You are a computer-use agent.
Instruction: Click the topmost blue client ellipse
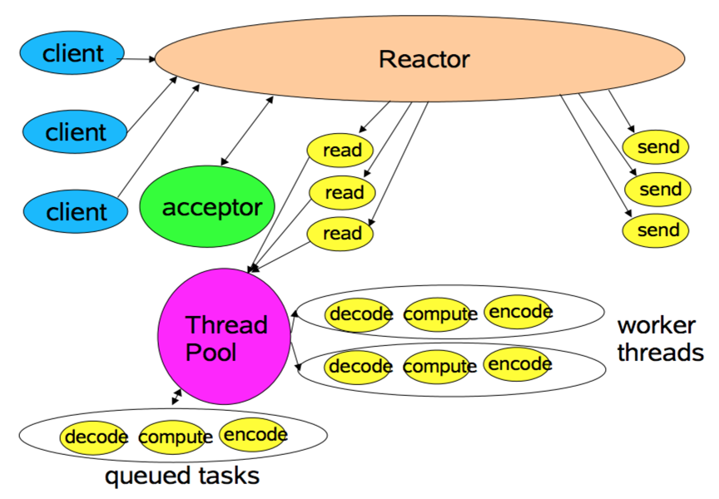click(x=72, y=54)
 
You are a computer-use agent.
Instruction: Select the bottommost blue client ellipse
click(x=76, y=211)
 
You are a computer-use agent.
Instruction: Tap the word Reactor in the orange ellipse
click(x=424, y=59)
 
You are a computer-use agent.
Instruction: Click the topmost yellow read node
click(x=340, y=151)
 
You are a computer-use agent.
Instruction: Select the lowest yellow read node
click(x=341, y=234)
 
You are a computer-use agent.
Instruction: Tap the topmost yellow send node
click(x=657, y=148)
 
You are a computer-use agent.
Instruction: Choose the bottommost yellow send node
click(x=657, y=230)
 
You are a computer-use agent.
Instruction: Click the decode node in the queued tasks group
click(x=95, y=437)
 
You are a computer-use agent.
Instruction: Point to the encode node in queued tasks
click(x=255, y=434)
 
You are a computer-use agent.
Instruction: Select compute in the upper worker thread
click(x=439, y=314)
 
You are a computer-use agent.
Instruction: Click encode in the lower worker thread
click(x=518, y=363)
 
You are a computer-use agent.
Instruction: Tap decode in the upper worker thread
click(x=360, y=314)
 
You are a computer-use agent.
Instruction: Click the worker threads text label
click(x=660, y=338)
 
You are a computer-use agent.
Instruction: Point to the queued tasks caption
click(x=181, y=477)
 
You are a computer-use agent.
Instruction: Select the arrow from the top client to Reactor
click(x=139, y=59)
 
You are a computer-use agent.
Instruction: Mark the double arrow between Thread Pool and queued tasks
click(x=176, y=397)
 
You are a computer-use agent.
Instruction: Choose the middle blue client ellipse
click(x=76, y=131)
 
